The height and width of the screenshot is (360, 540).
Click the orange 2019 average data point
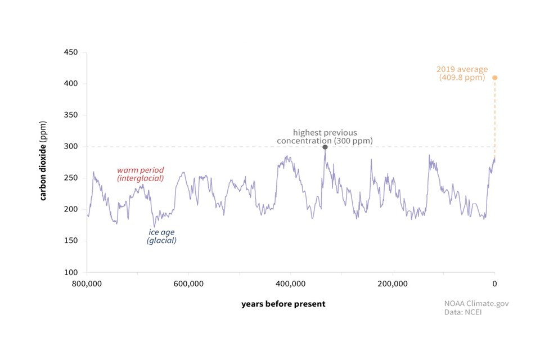pos(495,78)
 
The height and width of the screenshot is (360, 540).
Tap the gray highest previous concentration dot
pos(325,147)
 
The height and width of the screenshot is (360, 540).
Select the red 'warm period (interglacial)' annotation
pos(140,174)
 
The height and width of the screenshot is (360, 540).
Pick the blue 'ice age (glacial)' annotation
pos(162,236)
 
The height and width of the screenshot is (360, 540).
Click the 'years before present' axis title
pos(283,304)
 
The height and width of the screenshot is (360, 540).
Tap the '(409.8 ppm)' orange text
pos(462,78)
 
